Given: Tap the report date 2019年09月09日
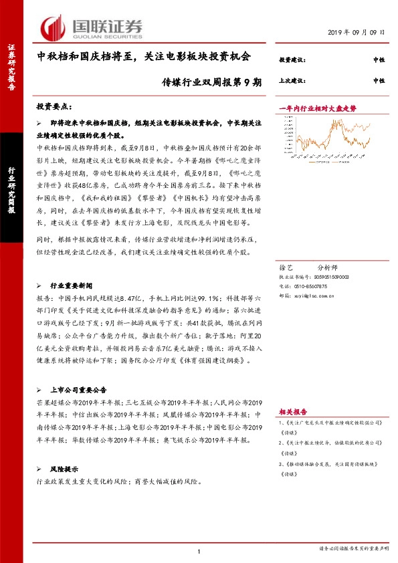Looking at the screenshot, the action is coord(357,32).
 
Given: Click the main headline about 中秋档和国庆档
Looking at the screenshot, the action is coord(143,58).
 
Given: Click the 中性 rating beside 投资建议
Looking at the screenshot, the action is coord(379,60).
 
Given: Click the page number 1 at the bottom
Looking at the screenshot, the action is coord(199,550).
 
